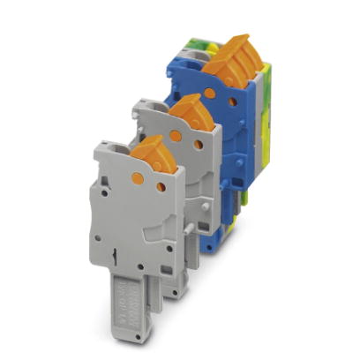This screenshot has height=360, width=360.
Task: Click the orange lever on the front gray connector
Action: point(149,153)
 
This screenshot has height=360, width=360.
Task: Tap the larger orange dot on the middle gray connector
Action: point(176,136)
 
